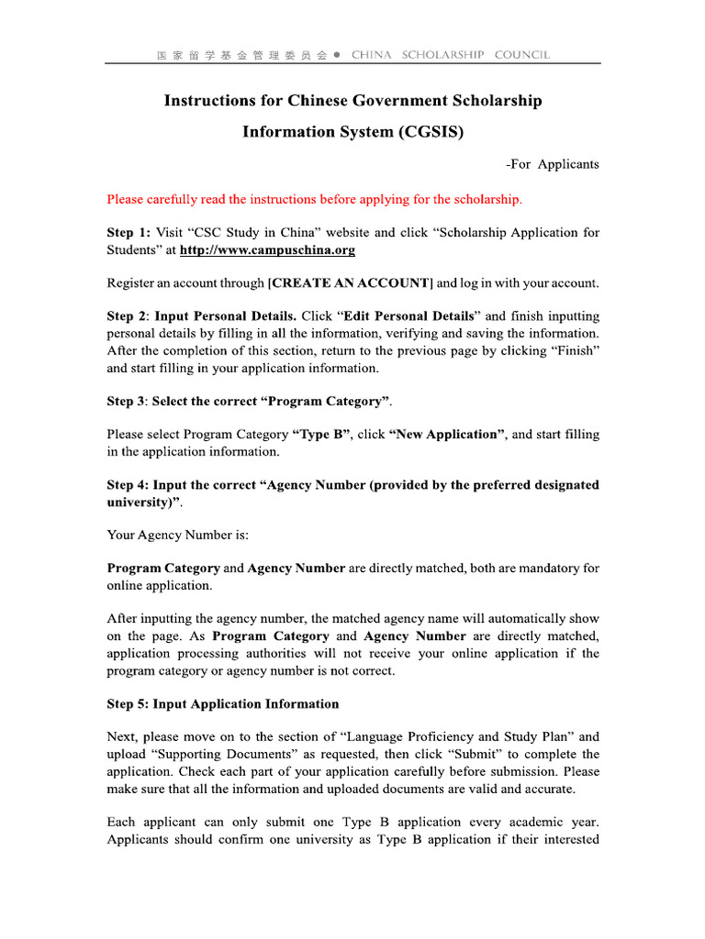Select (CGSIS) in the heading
click(x=431, y=132)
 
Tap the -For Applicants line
click(x=552, y=164)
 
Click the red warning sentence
click(x=314, y=199)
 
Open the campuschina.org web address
click(x=267, y=250)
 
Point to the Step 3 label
click(x=128, y=402)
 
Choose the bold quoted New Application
click(x=447, y=435)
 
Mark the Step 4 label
click(x=128, y=485)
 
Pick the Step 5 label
click(x=128, y=704)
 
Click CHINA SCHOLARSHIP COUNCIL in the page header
click(x=450, y=55)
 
